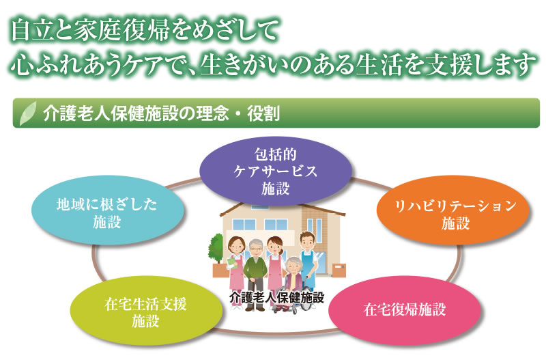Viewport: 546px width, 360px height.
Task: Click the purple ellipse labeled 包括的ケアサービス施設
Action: (276, 171)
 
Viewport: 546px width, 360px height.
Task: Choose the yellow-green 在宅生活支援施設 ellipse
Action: (146, 310)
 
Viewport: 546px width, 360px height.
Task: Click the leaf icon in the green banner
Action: (28, 113)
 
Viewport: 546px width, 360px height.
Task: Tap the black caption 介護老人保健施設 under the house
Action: (277, 297)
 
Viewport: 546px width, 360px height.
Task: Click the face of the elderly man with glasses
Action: (256, 249)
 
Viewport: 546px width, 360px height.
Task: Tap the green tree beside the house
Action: (216, 248)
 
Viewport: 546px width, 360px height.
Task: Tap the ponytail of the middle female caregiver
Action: (281, 246)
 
